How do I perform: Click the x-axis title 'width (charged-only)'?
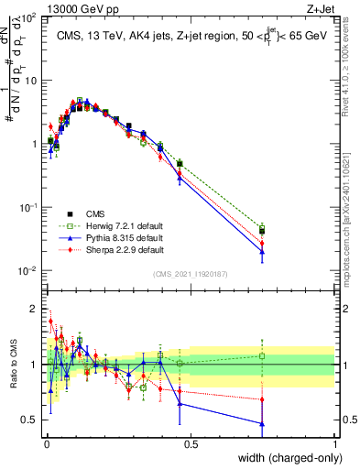[x=284, y=459]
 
